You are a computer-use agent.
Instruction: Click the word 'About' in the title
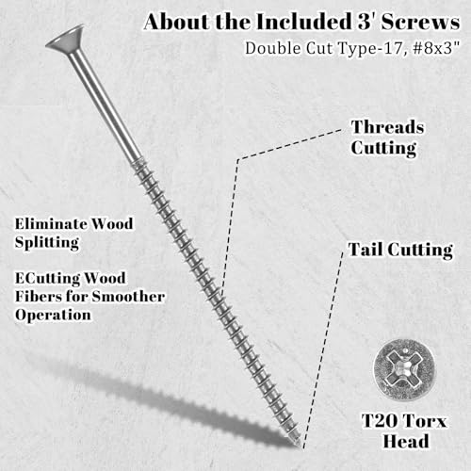(x=177, y=22)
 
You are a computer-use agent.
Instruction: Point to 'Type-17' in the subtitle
(x=370, y=48)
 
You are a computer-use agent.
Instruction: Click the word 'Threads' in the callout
(x=387, y=127)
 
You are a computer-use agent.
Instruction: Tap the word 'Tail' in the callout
(x=365, y=250)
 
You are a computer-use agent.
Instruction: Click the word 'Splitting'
(x=47, y=243)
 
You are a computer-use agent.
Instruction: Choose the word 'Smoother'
(x=128, y=297)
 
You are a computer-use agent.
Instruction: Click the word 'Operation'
(x=53, y=316)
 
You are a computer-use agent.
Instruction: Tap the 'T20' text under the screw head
(x=379, y=420)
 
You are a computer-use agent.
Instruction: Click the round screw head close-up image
(x=404, y=370)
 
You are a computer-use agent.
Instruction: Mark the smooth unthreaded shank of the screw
(x=105, y=106)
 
